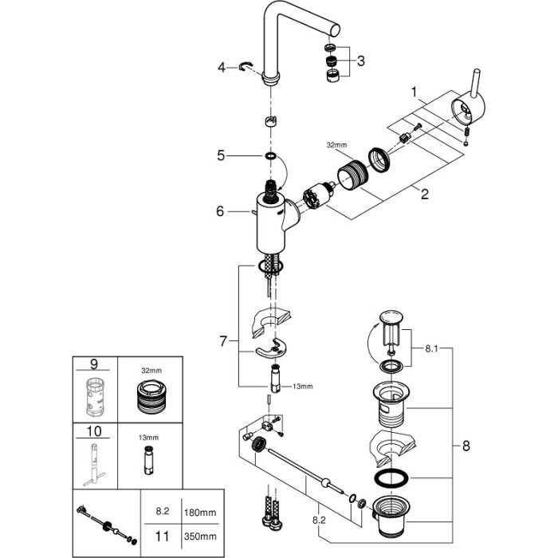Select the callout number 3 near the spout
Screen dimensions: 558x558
361,61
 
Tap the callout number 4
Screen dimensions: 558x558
222,69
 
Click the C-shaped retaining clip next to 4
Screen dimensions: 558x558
248,69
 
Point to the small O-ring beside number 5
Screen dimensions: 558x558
270,156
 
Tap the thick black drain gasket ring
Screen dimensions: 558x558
391,480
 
